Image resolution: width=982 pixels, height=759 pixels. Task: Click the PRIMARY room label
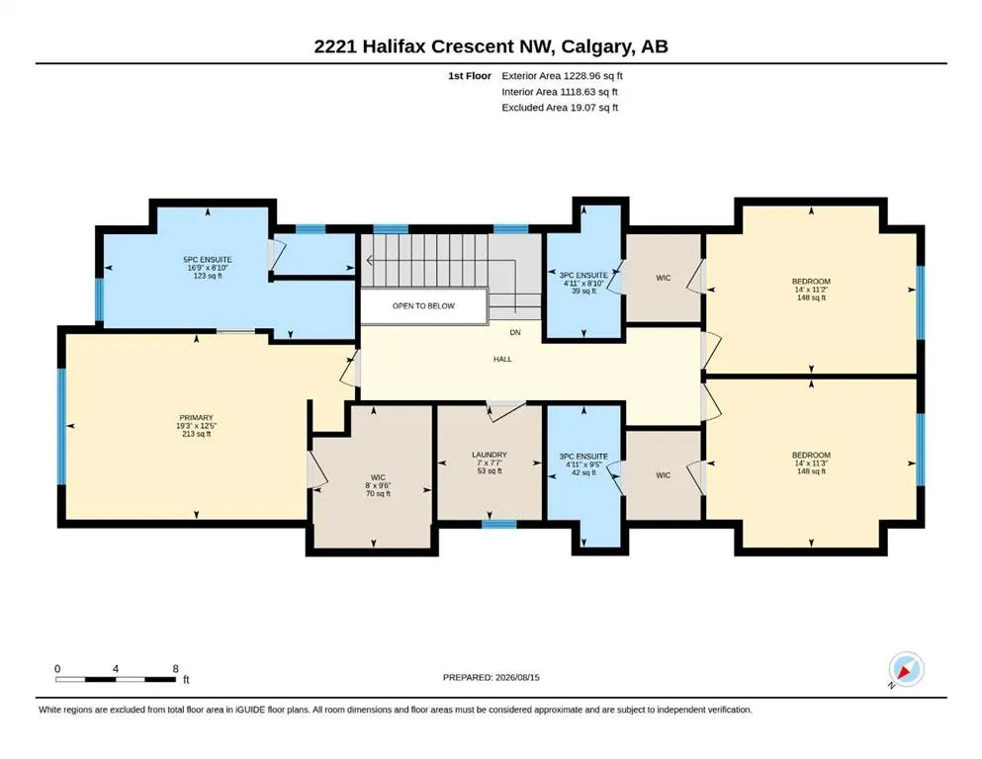(x=196, y=417)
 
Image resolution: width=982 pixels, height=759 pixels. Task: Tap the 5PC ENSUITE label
(x=208, y=260)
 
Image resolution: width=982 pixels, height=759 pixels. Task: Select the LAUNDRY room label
(x=490, y=455)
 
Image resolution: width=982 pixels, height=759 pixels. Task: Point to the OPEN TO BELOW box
(x=423, y=306)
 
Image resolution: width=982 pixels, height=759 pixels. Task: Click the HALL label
(x=502, y=359)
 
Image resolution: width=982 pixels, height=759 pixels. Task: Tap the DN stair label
(x=515, y=332)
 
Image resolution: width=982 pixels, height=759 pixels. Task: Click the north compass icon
(x=906, y=670)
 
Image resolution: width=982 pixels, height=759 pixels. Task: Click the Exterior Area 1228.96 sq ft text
(x=562, y=76)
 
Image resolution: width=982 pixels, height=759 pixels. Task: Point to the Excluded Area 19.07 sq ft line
(x=560, y=107)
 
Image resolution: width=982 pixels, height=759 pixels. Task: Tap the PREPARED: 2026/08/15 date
(x=491, y=677)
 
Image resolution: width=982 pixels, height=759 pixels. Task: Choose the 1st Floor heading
(x=470, y=76)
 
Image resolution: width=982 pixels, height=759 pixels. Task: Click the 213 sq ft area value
(x=196, y=434)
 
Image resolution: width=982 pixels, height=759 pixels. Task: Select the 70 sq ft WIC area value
(x=378, y=494)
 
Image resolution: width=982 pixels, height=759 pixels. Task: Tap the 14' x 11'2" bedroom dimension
(x=811, y=290)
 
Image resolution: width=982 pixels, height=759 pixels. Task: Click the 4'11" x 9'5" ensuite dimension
(x=583, y=464)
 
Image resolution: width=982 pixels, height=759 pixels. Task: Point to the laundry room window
(x=499, y=525)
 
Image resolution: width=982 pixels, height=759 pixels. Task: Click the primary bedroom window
(x=61, y=426)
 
